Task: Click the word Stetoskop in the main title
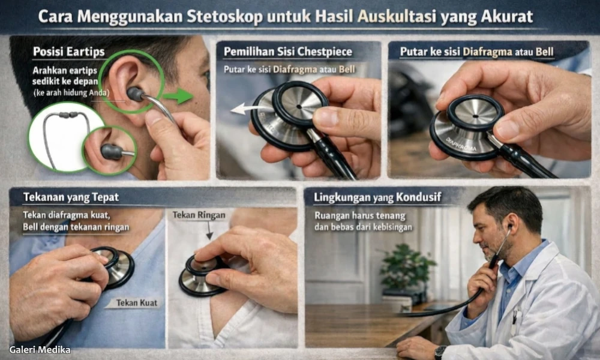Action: pyautogui.click(x=221, y=16)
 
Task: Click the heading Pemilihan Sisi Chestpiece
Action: pyautogui.click(x=288, y=52)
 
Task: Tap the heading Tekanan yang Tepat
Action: pyautogui.click(x=71, y=197)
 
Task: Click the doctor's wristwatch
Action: pyautogui.click(x=441, y=352)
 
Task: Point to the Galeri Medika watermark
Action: pyautogui.click(x=40, y=350)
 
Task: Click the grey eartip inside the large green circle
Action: pyautogui.click(x=136, y=94)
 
